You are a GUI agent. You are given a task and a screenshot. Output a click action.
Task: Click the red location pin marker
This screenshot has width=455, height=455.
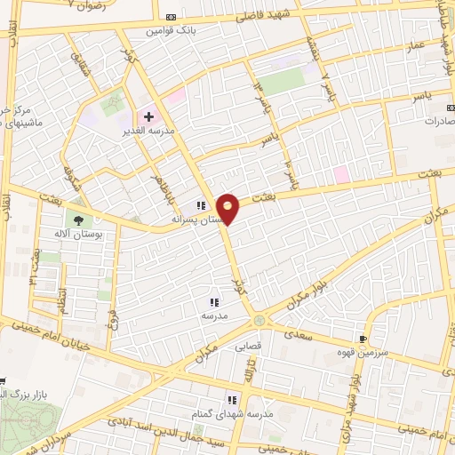(228, 209)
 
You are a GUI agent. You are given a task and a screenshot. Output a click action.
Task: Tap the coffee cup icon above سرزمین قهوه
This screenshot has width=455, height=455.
(362, 339)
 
